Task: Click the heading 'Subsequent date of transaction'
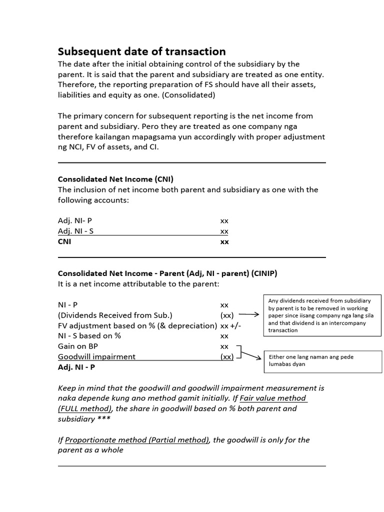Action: [x=141, y=51]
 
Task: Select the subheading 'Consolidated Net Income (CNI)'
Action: [x=115, y=179]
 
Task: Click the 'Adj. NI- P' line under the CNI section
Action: [x=75, y=220]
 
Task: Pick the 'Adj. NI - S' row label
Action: [x=75, y=231]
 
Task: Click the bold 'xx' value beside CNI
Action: [x=224, y=241]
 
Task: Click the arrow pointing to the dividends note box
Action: [x=248, y=315]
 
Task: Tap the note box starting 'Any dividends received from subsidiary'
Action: [x=322, y=315]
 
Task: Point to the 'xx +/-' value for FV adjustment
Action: [x=231, y=325]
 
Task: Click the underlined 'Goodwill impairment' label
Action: [x=96, y=356]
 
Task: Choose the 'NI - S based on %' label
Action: [x=89, y=335]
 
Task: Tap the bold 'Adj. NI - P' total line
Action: [x=76, y=367]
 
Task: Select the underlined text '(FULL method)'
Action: [x=84, y=408]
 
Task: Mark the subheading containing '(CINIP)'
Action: [x=167, y=273]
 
